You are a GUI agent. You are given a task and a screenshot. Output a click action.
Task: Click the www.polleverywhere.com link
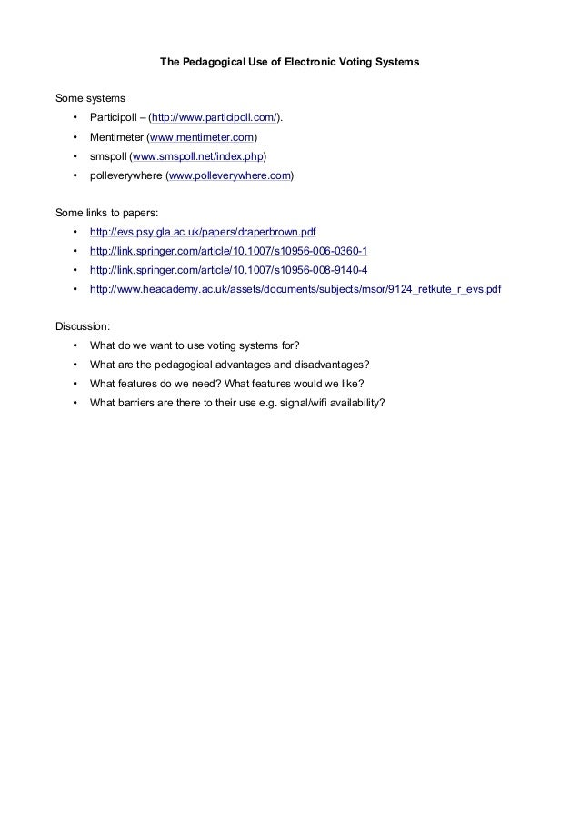pyautogui.click(x=230, y=175)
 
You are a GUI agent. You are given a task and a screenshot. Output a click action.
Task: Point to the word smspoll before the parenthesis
pyautogui.click(x=108, y=156)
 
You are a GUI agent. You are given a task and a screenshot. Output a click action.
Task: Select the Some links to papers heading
pyautogui.click(x=106, y=213)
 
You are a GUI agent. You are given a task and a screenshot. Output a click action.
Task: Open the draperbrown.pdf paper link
pyautogui.click(x=202, y=232)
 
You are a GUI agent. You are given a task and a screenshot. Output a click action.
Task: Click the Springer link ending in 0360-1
pyautogui.click(x=228, y=251)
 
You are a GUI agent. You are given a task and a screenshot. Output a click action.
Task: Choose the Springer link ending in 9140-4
pyautogui.click(x=228, y=270)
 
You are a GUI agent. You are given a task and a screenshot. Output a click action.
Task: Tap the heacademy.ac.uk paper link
pyautogui.click(x=295, y=289)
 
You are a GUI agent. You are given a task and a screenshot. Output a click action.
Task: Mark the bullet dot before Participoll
pyautogui.click(x=73, y=118)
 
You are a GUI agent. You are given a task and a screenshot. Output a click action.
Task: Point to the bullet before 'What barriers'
pyautogui.click(x=73, y=403)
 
